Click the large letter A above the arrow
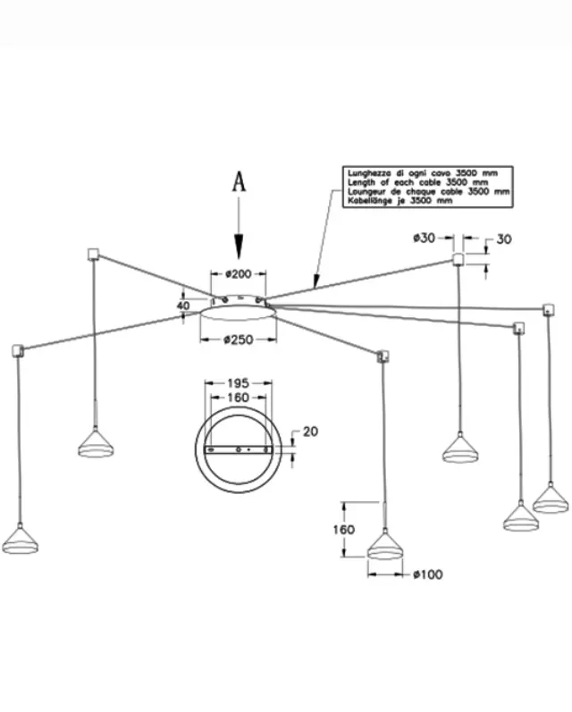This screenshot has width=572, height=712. (x=239, y=181)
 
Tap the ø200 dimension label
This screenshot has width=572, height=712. (x=238, y=273)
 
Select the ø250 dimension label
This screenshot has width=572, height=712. (x=238, y=339)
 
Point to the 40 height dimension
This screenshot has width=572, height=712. (x=182, y=306)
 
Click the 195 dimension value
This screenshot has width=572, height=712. (x=238, y=383)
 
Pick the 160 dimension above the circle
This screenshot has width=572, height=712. (x=238, y=398)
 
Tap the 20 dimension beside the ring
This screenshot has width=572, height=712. (x=310, y=431)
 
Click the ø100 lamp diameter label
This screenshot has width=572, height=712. (x=428, y=574)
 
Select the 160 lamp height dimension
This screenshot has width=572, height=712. (x=343, y=530)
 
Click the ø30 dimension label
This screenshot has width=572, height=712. (x=425, y=238)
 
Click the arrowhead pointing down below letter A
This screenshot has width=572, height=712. (x=239, y=247)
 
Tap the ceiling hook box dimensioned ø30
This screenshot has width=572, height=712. (x=458, y=260)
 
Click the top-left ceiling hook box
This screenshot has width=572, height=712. (x=93, y=254)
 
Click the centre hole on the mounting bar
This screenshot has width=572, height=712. (x=239, y=450)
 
